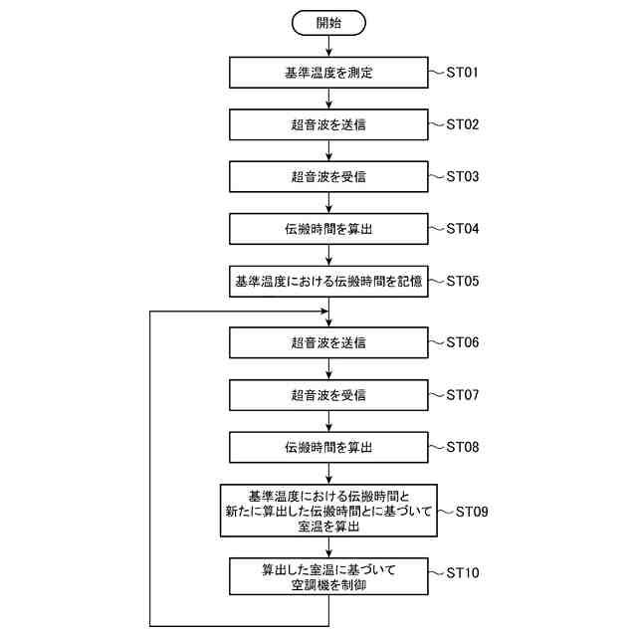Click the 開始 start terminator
click(x=328, y=22)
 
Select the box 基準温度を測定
click(x=328, y=74)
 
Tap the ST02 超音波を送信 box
click(x=328, y=125)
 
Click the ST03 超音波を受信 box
click(x=328, y=177)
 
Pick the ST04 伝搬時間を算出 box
click(x=328, y=229)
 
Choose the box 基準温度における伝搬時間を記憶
click(x=328, y=281)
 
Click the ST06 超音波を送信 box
click(x=328, y=343)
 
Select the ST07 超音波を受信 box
click(x=328, y=395)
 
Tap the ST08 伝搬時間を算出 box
click(x=328, y=447)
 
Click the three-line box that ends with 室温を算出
click(x=328, y=512)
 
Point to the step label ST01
click(x=463, y=74)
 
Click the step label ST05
click(x=463, y=281)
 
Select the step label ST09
click(x=471, y=512)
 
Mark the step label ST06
click(x=463, y=343)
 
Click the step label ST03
click(x=463, y=177)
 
